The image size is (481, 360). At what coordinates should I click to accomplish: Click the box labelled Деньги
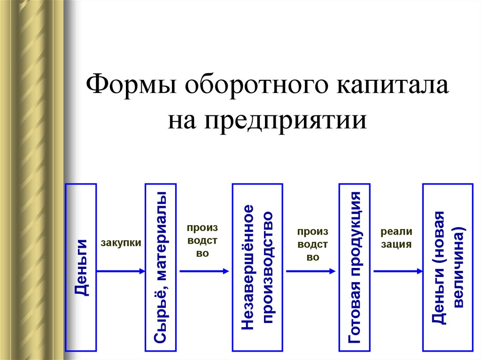81,267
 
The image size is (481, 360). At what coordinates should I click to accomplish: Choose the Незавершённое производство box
257,267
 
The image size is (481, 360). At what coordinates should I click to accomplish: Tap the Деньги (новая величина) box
448,267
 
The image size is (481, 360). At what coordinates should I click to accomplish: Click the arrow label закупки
121,243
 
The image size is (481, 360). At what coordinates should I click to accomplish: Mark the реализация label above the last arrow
396,238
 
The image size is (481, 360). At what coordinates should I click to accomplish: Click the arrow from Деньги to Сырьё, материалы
121,271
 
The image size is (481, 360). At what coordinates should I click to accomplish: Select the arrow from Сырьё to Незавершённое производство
204,271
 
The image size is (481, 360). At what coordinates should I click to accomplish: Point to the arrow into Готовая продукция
311,271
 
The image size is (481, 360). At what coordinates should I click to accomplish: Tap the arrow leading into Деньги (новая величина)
398,271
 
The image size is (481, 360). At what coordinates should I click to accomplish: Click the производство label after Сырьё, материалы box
202,240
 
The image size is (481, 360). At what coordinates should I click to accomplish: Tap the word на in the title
183,120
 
